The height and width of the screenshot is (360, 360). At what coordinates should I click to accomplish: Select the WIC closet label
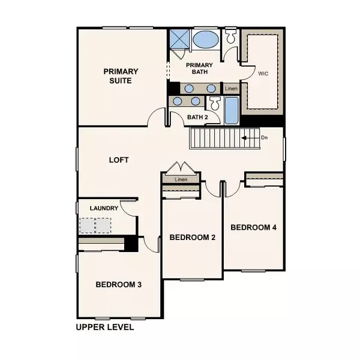(x=262, y=74)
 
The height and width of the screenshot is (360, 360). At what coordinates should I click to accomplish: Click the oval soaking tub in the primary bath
(x=206, y=40)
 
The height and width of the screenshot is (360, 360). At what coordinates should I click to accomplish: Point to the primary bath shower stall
(x=178, y=40)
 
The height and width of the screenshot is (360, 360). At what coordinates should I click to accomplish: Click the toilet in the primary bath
(x=231, y=39)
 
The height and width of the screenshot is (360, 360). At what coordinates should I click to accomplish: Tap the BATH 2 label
(x=197, y=117)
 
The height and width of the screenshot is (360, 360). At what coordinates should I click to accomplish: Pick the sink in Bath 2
(x=178, y=101)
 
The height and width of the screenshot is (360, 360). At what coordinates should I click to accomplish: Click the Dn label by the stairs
(x=264, y=137)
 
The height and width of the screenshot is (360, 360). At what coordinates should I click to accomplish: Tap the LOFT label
(x=119, y=160)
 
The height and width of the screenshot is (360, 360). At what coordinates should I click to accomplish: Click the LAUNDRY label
(x=103, y=208)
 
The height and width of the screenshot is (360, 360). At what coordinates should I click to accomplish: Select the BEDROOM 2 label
(x=192, y=237)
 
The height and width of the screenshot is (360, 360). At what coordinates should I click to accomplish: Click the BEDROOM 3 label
(x=118, y=284)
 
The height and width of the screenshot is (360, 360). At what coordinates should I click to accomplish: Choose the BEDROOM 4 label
(x=253, y=227)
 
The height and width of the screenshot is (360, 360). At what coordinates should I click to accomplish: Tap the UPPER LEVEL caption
(x=104, y=328)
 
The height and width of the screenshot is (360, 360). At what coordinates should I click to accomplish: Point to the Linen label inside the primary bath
(x=231, y=89)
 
